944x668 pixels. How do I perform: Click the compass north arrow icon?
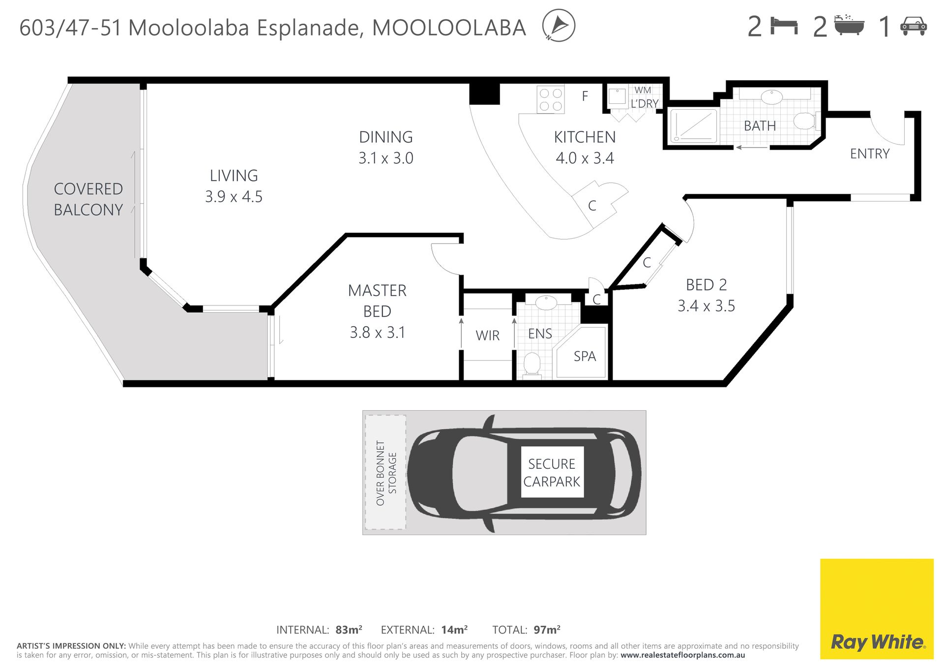(x=559, y=25)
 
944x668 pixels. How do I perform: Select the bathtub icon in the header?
(x=850, y=25)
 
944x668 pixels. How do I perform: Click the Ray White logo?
(x=877, y=608)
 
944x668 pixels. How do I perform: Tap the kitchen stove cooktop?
(x=551, y=100)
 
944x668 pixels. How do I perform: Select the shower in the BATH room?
(x=693, y=126)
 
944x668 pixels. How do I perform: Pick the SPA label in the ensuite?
(x=585, y=356)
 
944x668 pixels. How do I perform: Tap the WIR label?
(x=488, y=335)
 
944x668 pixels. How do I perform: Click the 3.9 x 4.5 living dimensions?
(x=234, y=197)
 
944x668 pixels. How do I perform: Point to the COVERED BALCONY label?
(x=88, y=199)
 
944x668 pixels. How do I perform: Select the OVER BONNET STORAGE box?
(x=385, y=472)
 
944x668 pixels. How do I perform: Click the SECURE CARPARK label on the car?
(x=552, y=473)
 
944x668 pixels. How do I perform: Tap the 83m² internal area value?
(x=349, y=630)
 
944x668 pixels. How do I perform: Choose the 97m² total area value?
(x=547, y=630)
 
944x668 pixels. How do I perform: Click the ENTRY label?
(x=870, y=154)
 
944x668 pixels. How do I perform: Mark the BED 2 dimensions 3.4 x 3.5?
(x=706, y=306)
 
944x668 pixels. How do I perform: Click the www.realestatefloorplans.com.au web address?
(x=683, y=655)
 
